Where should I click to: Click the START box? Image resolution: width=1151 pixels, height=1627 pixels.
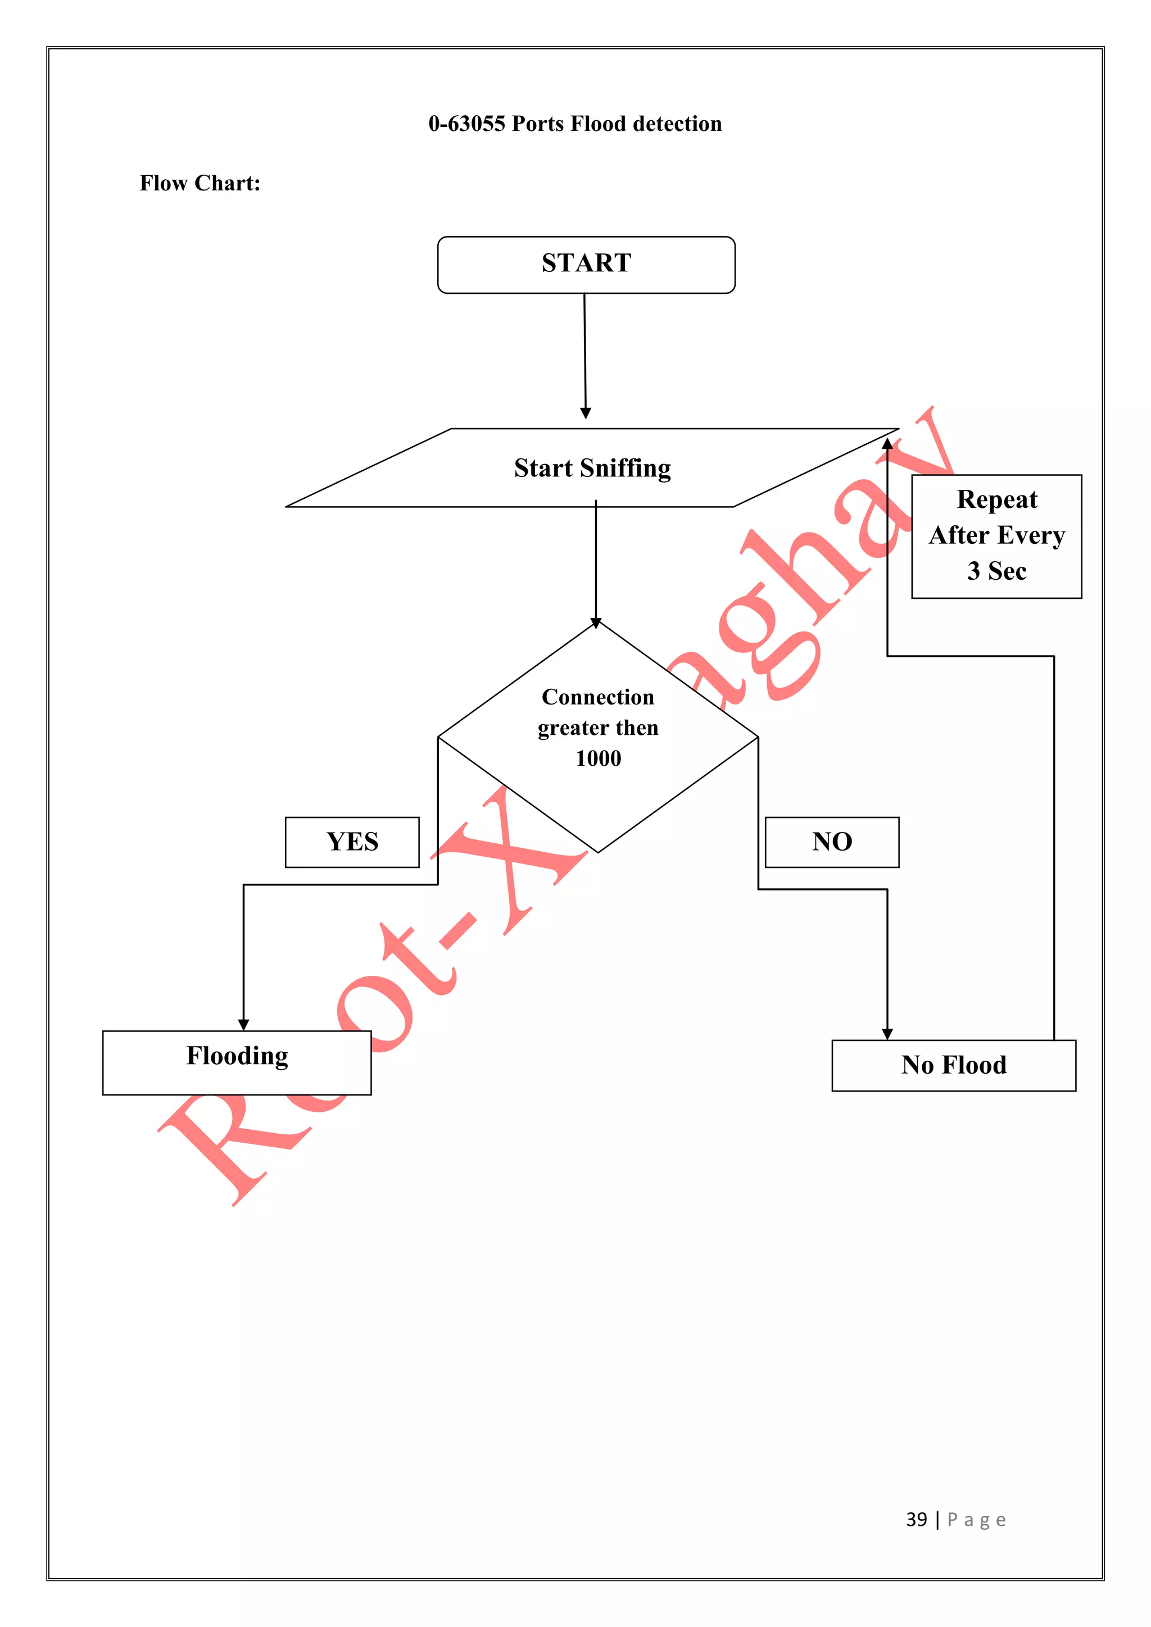pos(586,264)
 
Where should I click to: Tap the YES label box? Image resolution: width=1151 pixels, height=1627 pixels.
pos(352,842)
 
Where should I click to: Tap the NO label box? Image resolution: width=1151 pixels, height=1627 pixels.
pos(832,842)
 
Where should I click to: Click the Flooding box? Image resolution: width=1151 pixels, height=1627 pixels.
pos(237,1062)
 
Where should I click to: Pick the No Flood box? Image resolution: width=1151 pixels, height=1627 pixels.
pos(953,1065)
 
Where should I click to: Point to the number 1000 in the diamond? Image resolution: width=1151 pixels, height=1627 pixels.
pos(598,759)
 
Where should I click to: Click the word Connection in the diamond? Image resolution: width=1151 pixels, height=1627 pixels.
pos(598,697)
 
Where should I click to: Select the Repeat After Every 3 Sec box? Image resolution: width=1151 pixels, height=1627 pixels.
pos(996,537)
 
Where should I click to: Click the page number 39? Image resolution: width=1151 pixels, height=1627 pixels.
pos(917,1519)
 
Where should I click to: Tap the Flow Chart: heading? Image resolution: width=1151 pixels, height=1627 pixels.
pos(200,184)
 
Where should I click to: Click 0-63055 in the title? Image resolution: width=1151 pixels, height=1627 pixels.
pos(466,124)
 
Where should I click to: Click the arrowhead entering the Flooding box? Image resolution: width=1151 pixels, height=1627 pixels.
pos(244,1025)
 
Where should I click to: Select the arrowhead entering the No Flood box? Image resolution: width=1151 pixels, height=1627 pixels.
pos(887,1034)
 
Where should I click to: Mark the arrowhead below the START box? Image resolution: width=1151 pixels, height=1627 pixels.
pos(586,413)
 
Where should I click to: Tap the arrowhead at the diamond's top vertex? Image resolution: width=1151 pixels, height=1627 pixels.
pos(596,623)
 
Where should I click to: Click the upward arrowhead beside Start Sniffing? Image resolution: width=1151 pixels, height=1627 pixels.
pos(887,444)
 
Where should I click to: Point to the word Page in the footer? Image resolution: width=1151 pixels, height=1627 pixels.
pos(977,1520)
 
